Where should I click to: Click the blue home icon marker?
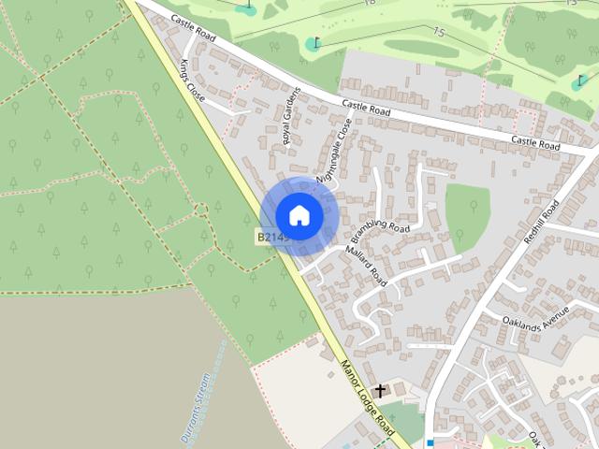(x=299, y=216)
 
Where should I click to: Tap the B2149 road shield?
(x=272, y=238)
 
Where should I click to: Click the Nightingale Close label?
(x=334, y=151)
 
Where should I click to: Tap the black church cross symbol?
(x=380, y=390)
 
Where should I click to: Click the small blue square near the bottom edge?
(x=430, y=442)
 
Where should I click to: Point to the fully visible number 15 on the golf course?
(x=439, y=32)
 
